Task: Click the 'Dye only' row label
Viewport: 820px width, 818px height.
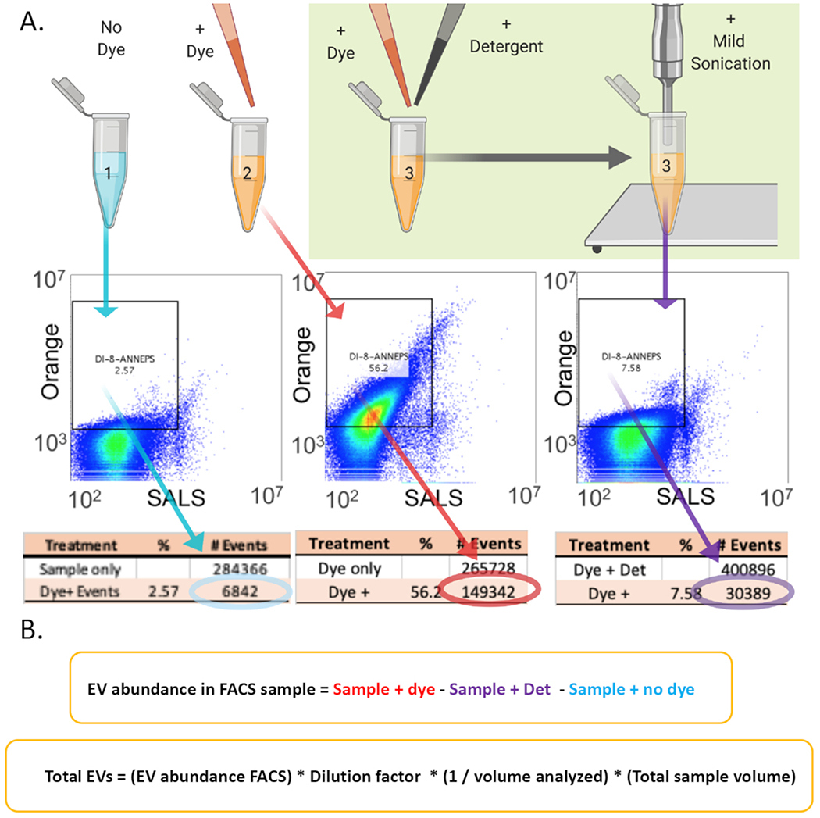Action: (x=349, y=570)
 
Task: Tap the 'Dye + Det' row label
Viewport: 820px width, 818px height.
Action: (x=604, y=570)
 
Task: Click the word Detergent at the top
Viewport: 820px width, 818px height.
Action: (x=505, y=47)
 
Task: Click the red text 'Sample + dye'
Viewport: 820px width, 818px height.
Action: (x=375, y=691)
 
